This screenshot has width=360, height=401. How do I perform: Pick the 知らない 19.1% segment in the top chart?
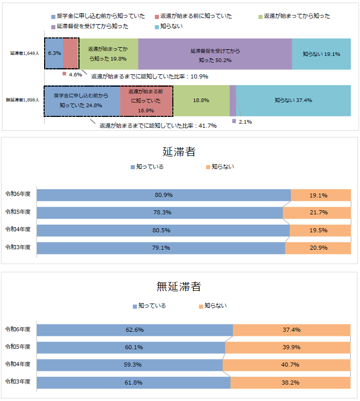tap(322, 54)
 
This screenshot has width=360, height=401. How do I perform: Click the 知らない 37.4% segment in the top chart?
tap(293, 101)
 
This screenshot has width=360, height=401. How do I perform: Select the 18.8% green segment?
tap(201, 101)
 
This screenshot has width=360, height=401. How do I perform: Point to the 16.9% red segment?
tap(146, 101)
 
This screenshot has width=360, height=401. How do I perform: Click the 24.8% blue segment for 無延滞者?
tap(82, 101)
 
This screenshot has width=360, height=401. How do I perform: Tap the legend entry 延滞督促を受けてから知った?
tap(90, 26)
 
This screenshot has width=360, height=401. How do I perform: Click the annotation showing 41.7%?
tap(158, 126)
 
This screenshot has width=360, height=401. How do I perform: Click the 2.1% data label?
tap(245, 122)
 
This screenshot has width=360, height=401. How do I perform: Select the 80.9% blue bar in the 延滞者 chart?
tap(164, 195)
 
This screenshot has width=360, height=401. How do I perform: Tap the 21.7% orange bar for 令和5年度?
tap(316, 212)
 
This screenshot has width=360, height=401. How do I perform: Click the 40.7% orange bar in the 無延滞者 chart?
tap(286, 365)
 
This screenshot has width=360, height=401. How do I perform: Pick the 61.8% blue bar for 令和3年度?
tap(134, 383)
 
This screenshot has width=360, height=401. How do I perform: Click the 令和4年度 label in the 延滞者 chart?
tap(18, 229)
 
